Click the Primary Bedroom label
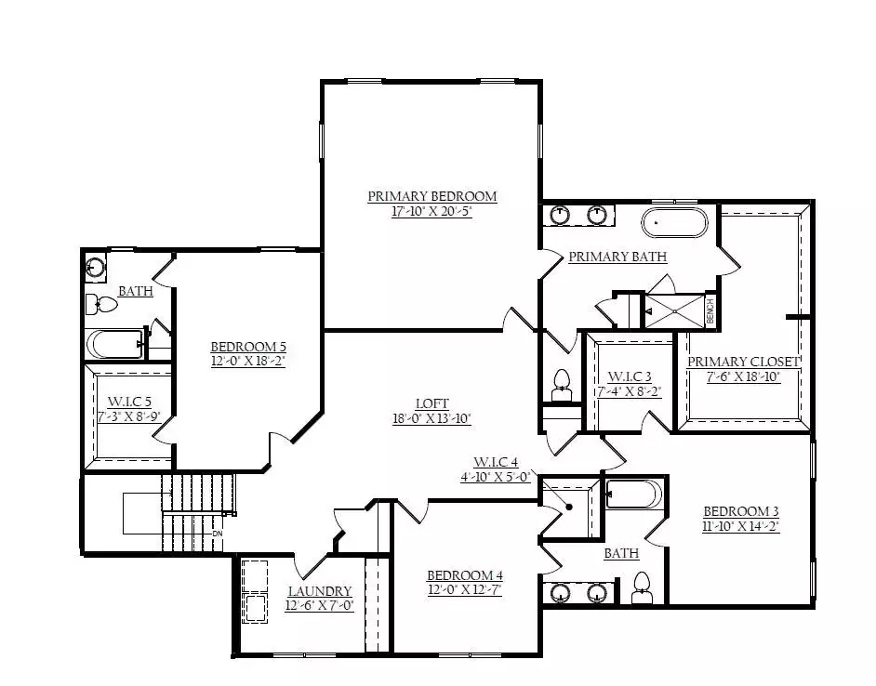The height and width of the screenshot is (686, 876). click(431, 196)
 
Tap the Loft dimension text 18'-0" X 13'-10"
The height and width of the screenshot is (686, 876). click(431, 418)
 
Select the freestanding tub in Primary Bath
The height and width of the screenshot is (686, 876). click(674, 222)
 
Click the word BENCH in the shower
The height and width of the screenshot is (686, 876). click(710, 311)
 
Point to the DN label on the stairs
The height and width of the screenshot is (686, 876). click(218, 534)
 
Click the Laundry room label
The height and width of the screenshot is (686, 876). click(320, 591)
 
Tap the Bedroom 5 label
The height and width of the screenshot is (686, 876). click(248, 347)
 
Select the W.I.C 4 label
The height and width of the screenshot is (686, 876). click(496, 463)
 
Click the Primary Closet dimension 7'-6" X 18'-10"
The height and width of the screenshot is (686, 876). click(743, 376)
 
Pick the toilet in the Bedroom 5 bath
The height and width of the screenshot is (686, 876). click(101, 305)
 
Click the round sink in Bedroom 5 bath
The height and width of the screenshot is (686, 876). click(96, 267)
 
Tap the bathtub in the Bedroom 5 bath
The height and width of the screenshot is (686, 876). click(115, 344)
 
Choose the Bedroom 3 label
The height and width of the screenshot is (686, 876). click(741, 511)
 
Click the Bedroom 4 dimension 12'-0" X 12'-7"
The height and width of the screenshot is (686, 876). click(465, 590)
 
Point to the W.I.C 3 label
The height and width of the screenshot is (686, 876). click(629, 376)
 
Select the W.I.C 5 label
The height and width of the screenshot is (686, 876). click(129, 402)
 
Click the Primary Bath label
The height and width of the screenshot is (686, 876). click(617, 257)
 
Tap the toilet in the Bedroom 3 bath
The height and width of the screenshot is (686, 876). click(642, 588)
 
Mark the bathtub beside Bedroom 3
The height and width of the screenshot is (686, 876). click(634, 495)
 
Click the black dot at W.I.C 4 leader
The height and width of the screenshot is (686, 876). click(569, 508)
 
